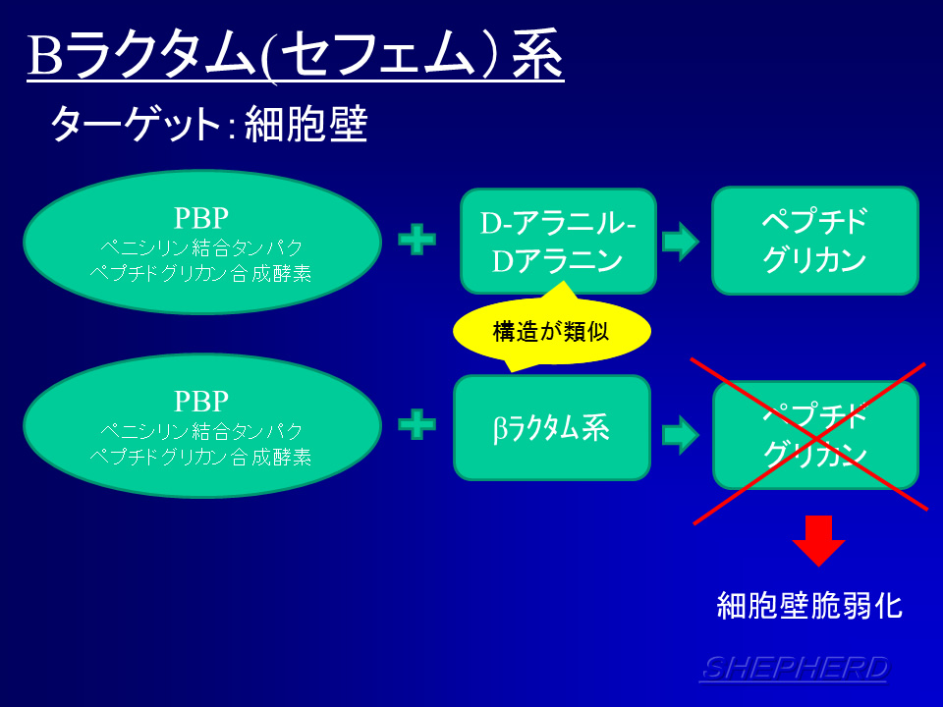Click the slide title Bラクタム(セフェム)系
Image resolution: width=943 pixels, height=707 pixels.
point(295,56)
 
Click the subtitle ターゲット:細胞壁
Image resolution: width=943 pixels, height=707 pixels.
point(208,125)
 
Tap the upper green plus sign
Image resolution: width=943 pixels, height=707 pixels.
point(416,241)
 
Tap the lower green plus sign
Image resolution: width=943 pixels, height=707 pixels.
point(416,425)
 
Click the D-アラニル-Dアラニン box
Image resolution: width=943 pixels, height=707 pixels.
point(558,242)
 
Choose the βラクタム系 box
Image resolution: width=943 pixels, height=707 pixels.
point(551,427)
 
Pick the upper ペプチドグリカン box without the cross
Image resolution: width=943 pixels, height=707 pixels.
point(814,241)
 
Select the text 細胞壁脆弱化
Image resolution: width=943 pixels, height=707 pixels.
point(809,605)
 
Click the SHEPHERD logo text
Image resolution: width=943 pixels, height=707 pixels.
point(794,668)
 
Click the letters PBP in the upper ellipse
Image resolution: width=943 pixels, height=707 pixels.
point(201,216)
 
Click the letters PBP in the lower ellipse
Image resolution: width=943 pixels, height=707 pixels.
point(201,401)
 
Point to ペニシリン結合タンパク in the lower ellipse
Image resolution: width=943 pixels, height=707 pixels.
point(201,431)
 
